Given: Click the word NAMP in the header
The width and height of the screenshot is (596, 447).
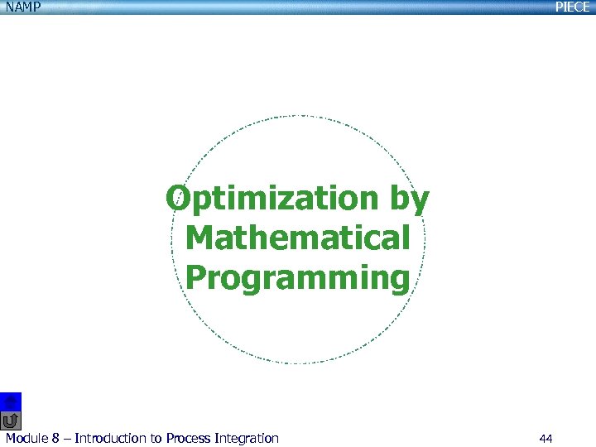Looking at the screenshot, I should point(22,7).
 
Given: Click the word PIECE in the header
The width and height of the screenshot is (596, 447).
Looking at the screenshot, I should point(572,7).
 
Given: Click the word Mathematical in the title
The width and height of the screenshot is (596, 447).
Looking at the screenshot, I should point(298,238).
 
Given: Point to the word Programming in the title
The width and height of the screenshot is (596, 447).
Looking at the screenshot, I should point(298,278).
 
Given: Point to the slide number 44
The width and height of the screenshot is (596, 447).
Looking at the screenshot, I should point(546,439).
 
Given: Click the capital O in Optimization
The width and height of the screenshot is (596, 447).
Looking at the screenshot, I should point(178,199).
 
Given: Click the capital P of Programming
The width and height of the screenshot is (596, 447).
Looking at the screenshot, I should point(195,277).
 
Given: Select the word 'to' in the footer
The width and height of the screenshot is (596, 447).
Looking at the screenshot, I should point(156,439).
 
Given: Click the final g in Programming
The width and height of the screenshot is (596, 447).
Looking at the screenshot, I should point(399,281).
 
